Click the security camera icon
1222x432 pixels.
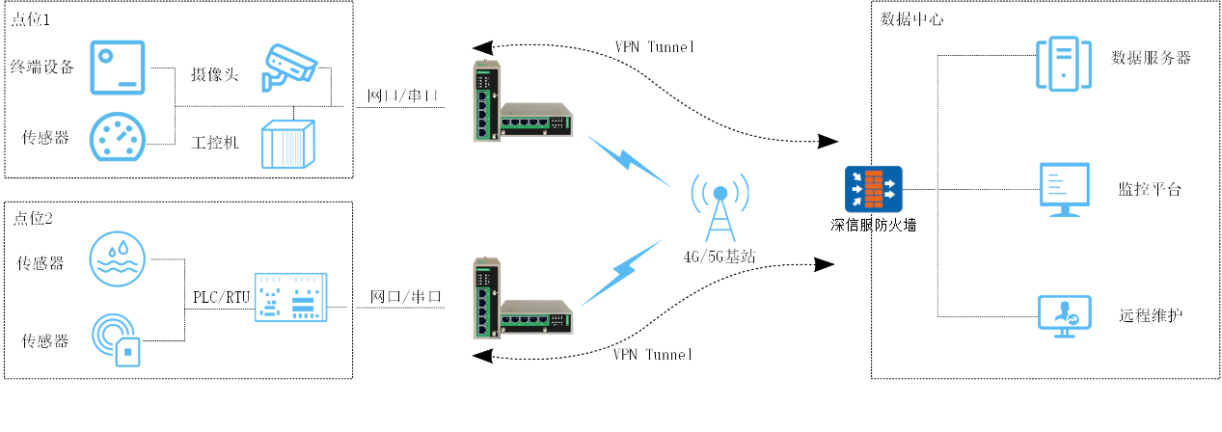click(x=289, y=67)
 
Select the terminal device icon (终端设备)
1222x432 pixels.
click(x=118, y=67)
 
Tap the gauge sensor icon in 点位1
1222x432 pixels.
click(x=118, y=137)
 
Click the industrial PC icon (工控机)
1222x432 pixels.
click(x=288, y=144)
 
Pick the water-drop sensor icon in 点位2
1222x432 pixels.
click(x=118, y=258)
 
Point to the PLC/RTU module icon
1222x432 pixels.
click(x=290, y=297)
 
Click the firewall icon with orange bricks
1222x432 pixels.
click(x=874, y=189)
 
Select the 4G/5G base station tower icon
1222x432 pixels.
click(x=720, y=207)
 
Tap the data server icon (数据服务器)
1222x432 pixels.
click(x=1064, y=64)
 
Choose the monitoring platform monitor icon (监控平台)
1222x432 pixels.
click(x=1065, y=189)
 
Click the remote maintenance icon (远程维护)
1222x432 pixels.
click(x=1065, y=316)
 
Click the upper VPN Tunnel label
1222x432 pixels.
click(x=655, y=47)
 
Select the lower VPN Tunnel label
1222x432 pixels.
click(x=652, y=355)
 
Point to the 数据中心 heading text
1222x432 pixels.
click(x=911, y=19)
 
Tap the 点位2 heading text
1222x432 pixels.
click(x=33, y=218)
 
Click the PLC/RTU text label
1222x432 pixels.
click(x=222, y=297)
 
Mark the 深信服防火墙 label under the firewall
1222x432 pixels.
click(x=874, y=226)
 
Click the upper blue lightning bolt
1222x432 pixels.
click(x=629, y=161)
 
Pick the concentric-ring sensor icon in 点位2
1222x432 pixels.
click(x=116, y=339)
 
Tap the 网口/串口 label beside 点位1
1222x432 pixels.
click(x=402, y=95)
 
